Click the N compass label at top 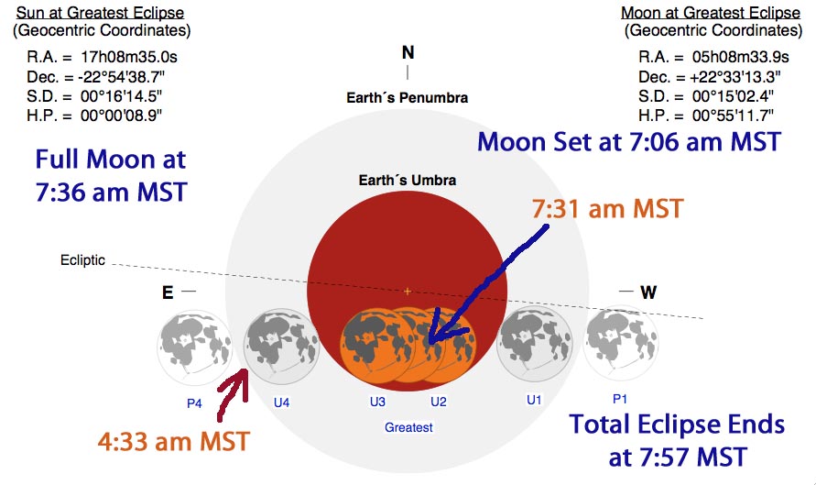point(408,52)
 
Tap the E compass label point(168,292)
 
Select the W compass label point(648,292)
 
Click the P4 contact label point(194,403)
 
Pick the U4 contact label point(281,402)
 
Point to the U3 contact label point(378,402)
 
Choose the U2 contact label point(439,402)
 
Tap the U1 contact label point(534,400)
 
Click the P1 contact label point(620,399)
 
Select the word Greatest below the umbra point(408,427)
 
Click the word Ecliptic point(82,260)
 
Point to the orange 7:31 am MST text point(607,209)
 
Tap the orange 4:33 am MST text point(174,442)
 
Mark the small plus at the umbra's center point(408,292)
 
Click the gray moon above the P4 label point(195,348)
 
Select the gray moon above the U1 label point(535,346)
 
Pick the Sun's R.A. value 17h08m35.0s point(129,57)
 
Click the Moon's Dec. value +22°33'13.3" point(735,77)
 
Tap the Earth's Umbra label point(408,181)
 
